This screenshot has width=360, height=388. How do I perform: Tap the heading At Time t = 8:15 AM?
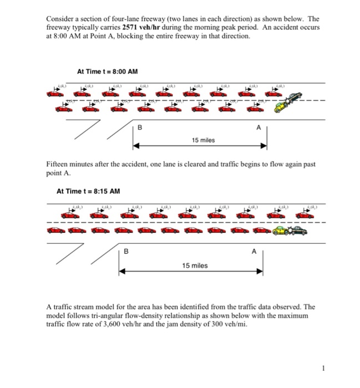pos(88,191)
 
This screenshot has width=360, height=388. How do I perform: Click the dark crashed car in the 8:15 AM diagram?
pos(298,229)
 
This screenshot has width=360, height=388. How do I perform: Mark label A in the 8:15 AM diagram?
pos(255,251)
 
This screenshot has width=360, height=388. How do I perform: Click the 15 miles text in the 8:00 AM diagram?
pos(204,140)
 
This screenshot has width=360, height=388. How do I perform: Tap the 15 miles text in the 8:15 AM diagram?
pos(195,266)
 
